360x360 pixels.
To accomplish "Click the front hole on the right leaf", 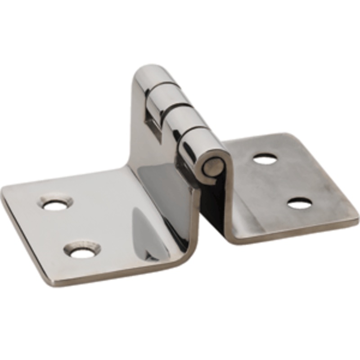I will coord(299,204).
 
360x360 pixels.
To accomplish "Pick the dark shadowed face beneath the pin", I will coord(214,202).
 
